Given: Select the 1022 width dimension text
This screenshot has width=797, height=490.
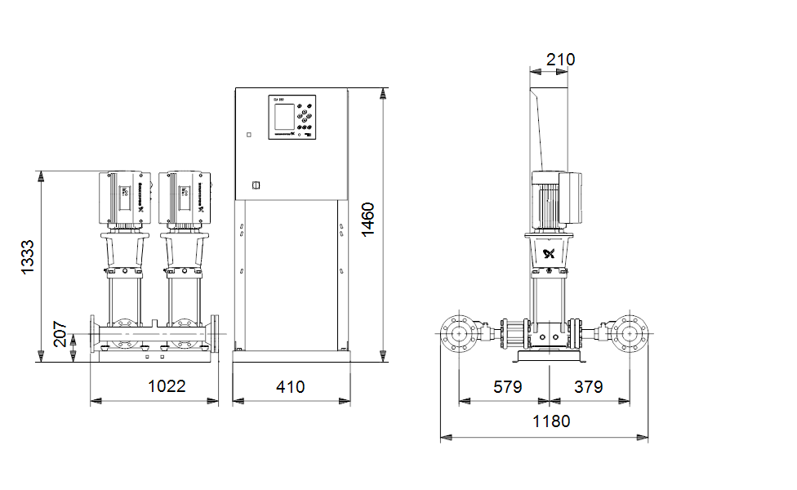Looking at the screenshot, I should pyautogui.click(x=167, y=386).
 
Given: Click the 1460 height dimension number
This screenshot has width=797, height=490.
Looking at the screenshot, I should pyautogui.click(x=369, y=219).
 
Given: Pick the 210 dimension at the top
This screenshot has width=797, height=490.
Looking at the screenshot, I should pyautogui.click(x=560, y=60).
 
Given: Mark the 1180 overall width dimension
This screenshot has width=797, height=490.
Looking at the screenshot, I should pyautogui.click(x=551, y=421).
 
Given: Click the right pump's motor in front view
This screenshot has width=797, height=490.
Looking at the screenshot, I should pyautogui.click(x=185, y=198).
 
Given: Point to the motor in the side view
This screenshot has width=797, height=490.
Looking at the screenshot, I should pyautogui.click(x=557, y=198).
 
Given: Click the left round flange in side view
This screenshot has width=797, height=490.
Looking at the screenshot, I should pyautogui.click(x=461, y=333).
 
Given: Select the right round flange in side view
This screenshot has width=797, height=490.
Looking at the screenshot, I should pyautogui.click(x=630, y=333).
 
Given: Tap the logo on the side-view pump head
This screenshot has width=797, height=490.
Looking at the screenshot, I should pyautogui.click(x=548, y=253).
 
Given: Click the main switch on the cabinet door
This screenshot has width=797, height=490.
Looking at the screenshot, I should pyautogui.click(x=255, y=185).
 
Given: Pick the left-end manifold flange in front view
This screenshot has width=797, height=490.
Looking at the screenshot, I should pyautogui.click(x=93, y=333).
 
